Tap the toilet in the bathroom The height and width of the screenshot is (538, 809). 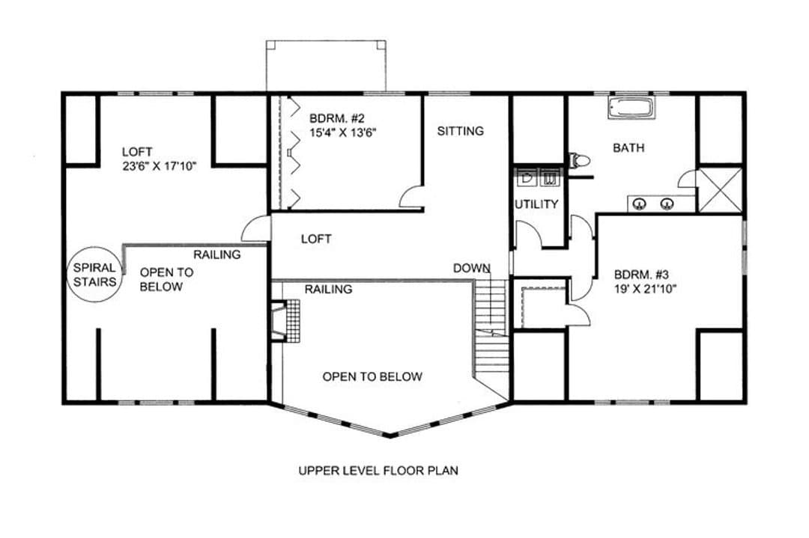579,161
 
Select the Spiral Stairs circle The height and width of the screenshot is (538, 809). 94,275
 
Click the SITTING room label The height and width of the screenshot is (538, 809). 460,131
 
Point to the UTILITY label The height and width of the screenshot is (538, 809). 536,204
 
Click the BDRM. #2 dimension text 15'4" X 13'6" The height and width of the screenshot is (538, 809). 342,132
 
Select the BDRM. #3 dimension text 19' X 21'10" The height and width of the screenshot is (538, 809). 645,289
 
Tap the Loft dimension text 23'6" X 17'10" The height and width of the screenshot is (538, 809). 160,166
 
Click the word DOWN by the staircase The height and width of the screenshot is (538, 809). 472,268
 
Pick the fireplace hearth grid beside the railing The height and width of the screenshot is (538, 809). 293,320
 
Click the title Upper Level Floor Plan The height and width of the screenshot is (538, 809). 378,470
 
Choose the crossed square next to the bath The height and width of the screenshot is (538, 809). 720,189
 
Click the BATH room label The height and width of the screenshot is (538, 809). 628,148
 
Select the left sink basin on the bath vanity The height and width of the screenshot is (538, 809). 640,204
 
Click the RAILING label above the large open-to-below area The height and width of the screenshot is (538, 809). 328,289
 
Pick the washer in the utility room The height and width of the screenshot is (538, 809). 550,178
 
